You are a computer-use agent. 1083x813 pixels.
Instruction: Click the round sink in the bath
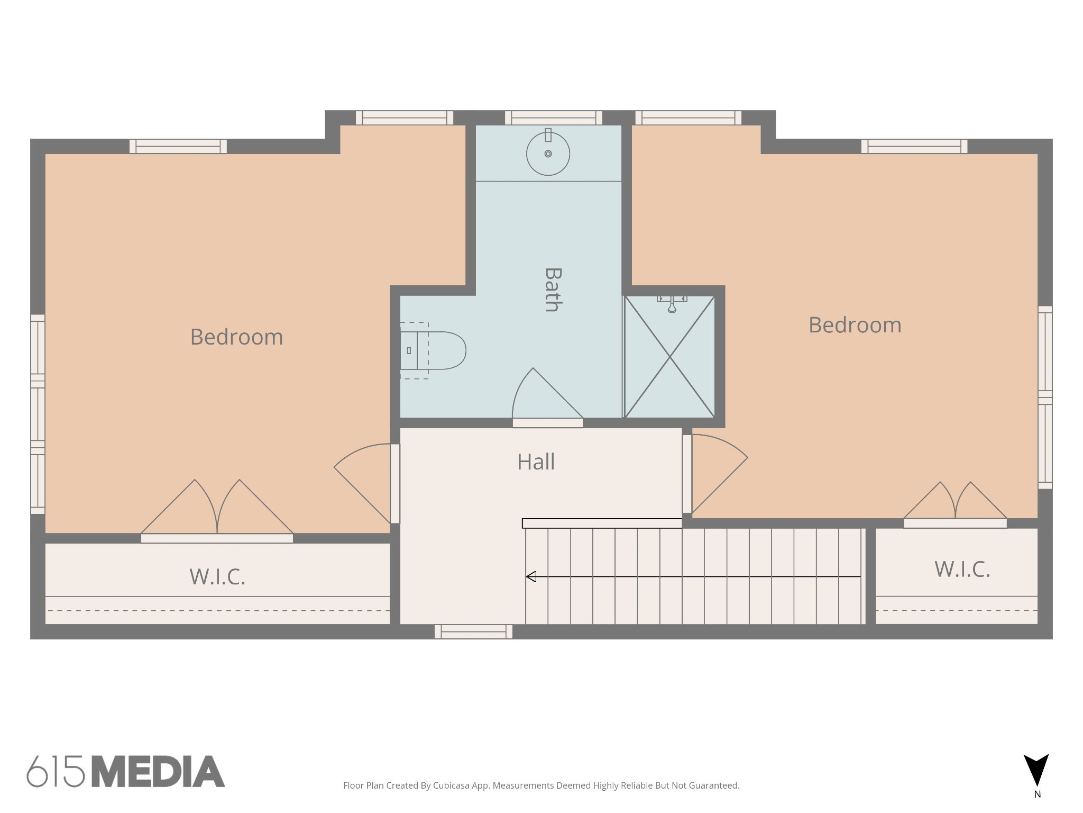(x=548, y=153)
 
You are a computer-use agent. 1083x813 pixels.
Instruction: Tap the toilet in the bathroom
(x=433, y=350)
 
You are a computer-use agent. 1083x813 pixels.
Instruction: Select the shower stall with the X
(x=670, y=357)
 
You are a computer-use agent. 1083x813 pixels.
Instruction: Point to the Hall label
(x=536, y=462)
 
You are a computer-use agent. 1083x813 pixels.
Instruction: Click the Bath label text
(x=553, y=290)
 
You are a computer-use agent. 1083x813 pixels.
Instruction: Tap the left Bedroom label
(x=236, y=337)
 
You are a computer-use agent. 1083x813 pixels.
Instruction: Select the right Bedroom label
(x=855, y=325)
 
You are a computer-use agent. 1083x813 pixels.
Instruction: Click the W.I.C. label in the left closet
(x=217, y=576)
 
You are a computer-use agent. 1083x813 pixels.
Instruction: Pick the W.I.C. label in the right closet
(x=962, y=569)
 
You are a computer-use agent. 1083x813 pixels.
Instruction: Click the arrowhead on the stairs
(x=531, y=576)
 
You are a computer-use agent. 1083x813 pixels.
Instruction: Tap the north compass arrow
(x=1036, y=770)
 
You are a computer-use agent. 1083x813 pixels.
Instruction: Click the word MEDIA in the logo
(x=159, y=771)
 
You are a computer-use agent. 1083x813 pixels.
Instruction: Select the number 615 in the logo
(x=56, y=771)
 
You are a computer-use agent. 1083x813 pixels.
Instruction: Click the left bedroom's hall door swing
(x=363, y=483)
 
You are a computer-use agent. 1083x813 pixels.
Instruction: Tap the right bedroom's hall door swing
(x=719, y=474)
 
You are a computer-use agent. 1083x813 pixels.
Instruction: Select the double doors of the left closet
(x=217, y=507)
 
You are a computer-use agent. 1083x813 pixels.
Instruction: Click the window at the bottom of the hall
(x=473, y=631)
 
